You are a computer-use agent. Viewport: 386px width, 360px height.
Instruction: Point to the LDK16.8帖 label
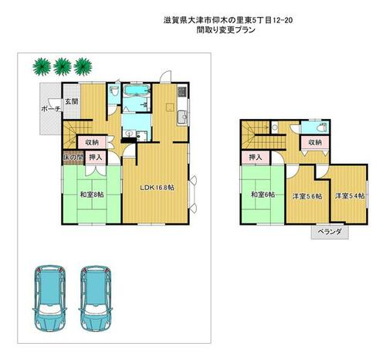pyautogui.click(x=157, y=188)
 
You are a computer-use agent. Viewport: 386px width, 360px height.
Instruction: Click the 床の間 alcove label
pyautogui.click(x=72, y=158)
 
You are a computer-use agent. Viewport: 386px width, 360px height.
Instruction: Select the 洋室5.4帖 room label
pyautogui.click(x=349, y=196)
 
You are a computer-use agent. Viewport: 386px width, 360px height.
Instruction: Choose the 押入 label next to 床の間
pyautogui.click(x=95, y=158)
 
